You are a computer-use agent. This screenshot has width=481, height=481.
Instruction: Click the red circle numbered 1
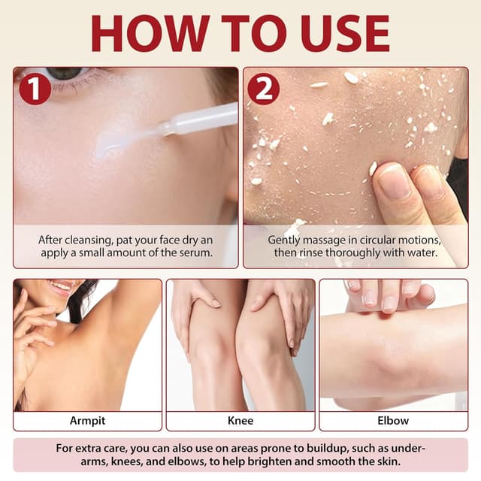tap(35, 89)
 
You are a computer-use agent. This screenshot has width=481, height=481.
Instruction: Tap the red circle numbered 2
tap(263, 89)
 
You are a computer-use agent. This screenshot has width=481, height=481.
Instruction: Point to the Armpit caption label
tap(87, 421)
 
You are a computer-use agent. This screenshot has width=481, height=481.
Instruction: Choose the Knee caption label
tap(240, 421)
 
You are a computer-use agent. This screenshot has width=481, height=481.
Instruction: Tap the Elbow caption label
tap(393, 421)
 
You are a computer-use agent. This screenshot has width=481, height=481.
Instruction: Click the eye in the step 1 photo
tap(64, 74)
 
